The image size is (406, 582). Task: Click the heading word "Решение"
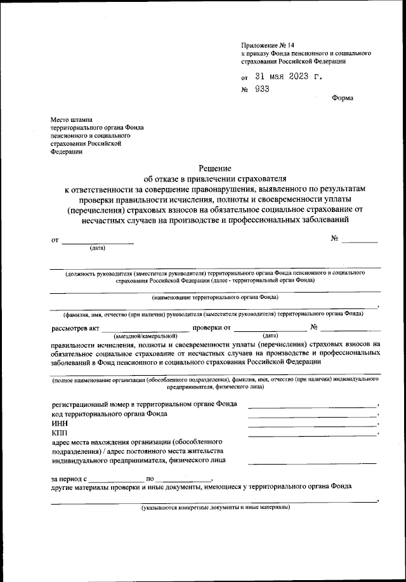pos(215,168)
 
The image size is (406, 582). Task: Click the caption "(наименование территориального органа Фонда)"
pos(215,297)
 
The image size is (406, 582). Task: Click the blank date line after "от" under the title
pos(98,242)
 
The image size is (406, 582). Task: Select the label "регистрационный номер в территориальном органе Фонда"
pos(144,404)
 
